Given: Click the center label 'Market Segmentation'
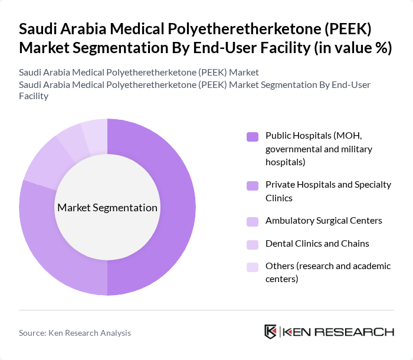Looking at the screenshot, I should coord(107,208).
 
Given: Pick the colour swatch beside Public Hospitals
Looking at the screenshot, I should coord(253,136).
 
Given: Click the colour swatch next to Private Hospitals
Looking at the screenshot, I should coord(253,185).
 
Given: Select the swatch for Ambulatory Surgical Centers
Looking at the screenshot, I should coord(253,221).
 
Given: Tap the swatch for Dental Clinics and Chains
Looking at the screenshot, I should coord(253,244).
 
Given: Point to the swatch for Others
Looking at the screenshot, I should coord(253,267).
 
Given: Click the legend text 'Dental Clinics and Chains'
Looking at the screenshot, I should coord(317,243).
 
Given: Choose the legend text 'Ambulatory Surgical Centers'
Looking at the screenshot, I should coord(323,221).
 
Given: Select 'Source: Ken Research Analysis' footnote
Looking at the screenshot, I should coord(75,333).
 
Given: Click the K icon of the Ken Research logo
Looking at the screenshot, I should coord(271,332).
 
